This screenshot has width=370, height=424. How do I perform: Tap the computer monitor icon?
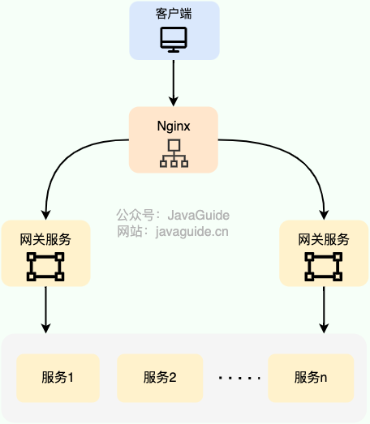coord(174,38)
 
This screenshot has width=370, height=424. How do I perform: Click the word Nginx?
coord(174,126)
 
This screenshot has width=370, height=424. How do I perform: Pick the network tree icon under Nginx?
coord(174,153)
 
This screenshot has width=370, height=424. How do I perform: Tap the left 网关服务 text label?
coord(45,239)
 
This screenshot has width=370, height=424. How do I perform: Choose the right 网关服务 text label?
coord(324,239)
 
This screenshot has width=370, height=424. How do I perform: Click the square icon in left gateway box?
coord(45,266)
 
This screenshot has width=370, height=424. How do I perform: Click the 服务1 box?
coord(58,377)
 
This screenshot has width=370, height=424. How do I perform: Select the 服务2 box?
coord(159,377)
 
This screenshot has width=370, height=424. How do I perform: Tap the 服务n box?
coord(311,377)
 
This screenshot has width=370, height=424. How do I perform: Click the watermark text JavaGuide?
coord(199,216)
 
